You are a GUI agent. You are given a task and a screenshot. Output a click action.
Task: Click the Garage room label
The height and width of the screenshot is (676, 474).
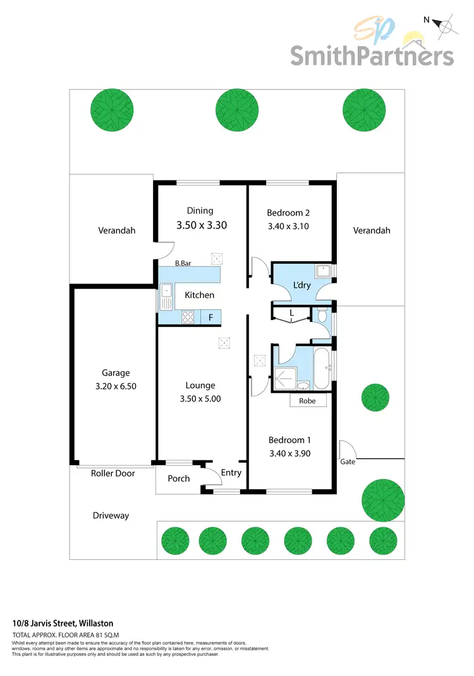tap(115, 372)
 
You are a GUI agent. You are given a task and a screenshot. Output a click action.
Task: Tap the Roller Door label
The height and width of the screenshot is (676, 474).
tap(113, 473)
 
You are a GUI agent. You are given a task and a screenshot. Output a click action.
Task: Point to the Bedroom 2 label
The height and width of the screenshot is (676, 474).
tap(288, 213)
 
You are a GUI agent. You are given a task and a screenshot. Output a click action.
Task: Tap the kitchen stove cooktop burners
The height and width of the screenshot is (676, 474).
tap(188, 317)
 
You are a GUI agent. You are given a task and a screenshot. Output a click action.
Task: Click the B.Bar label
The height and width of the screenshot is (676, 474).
tap(183, 263)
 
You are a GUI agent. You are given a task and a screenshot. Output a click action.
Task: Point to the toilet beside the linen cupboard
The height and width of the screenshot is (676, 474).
tap(322, 316)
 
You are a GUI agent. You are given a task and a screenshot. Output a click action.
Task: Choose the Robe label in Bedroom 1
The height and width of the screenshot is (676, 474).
tap(308, 401)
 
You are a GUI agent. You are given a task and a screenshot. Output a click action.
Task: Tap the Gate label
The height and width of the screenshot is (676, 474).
tap(348, 461)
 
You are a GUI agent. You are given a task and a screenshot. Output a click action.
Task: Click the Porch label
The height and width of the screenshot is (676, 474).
tap(179, 478)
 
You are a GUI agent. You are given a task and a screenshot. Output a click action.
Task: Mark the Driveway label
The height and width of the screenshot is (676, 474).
tap(111, 516)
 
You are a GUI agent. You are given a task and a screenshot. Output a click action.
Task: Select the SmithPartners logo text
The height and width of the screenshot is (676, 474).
tap(372, 56)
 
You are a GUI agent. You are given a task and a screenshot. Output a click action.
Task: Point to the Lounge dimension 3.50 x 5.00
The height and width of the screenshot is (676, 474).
tap(200, 399)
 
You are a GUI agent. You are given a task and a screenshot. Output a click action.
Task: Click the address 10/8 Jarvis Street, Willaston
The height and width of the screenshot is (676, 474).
tap(63, 623)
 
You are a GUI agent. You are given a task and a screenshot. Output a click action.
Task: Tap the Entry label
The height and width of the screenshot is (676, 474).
tap(231, 473)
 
